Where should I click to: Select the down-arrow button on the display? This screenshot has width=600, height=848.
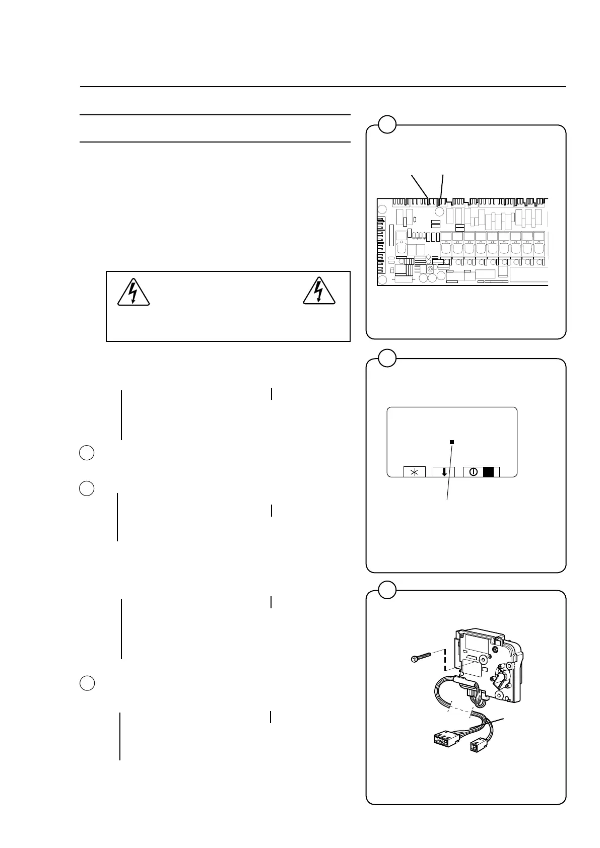click(x=444, y=472)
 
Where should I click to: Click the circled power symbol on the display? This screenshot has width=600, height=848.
click(x=473, y=472)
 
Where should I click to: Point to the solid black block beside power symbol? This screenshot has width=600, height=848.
click(x=488, y=472)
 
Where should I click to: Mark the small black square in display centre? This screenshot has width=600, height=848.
click(x=452, y=442)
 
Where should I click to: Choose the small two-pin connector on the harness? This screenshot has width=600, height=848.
click(x=477, y=745)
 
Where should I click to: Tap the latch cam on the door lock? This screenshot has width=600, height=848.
click(x=501, y=680)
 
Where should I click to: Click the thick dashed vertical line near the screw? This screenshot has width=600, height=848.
click(x=445, y=660)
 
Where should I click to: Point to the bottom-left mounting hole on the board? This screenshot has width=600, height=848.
click(x=383, y=279)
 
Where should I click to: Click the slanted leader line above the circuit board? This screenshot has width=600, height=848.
click(x=420, y=185)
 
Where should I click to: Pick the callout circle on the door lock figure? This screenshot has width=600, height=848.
click(x=386, y=590)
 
